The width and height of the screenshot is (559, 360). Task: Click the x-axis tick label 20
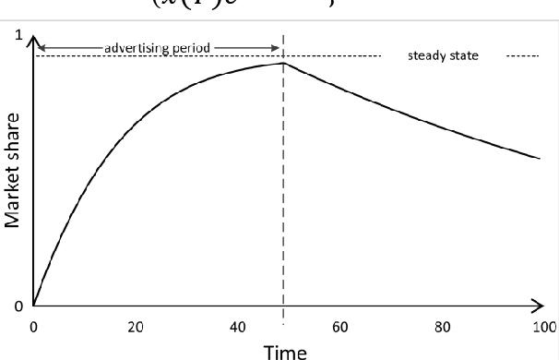135,327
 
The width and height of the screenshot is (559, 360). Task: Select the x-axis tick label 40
235,327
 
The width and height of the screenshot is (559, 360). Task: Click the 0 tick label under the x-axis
33,327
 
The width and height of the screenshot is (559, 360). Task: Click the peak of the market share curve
282,63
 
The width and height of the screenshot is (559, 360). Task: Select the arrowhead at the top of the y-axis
33,41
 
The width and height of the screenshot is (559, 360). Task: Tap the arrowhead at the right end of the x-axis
541,304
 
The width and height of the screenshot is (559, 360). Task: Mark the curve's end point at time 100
540,159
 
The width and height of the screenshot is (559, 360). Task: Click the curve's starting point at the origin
33,304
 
